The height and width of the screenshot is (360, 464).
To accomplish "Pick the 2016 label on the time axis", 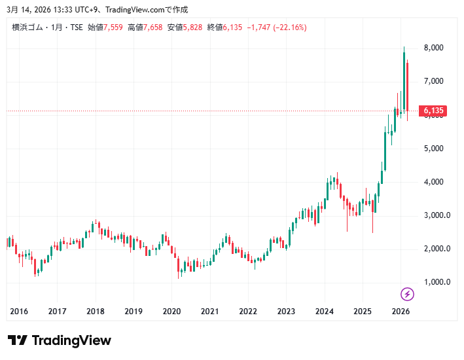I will (x=20, y=312).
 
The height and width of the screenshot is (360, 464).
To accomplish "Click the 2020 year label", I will (x=171, y=312).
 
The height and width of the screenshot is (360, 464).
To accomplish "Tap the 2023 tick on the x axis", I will (x=286, y=312).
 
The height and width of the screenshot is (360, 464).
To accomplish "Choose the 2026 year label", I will (x=400, y=312).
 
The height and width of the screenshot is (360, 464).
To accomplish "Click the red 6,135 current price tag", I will (x=433, y=111).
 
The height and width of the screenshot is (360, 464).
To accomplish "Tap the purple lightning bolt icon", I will (x=407, y=294).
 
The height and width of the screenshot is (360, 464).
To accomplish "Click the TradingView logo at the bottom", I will (x=59, y=340).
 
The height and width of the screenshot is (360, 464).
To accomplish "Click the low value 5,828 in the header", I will (x=194, y=27).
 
